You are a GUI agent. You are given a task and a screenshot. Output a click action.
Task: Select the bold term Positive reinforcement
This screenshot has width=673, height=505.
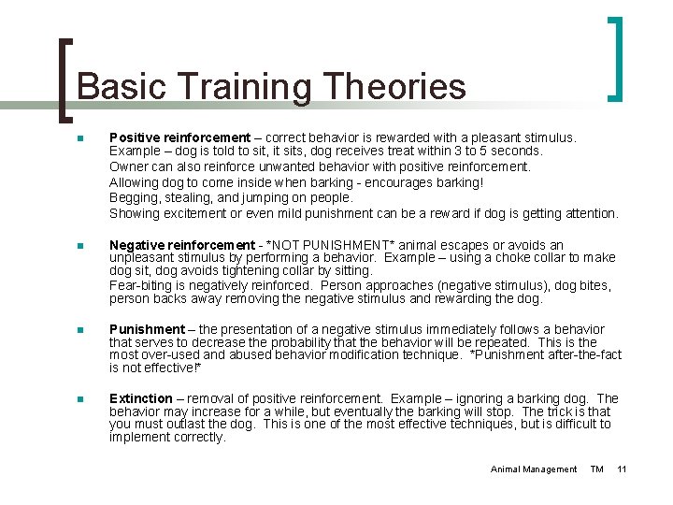pyautogui.click(x=179, y=137)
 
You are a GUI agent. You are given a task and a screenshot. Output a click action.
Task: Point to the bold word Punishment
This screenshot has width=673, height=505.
pyautogui.click(x=147, y=328)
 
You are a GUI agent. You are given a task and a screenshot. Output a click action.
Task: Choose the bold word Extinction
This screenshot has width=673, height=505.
pyautogui.click(x=141, y=398)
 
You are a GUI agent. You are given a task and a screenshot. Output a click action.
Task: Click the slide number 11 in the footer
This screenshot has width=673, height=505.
pyautogui.click(x=622, y=469)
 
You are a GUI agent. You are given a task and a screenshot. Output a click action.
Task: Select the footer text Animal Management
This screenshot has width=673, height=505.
pyautogui.click(x=534, y=469)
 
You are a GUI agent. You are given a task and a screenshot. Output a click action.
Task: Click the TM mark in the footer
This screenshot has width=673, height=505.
pyautogui.click(x=596, y=469)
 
